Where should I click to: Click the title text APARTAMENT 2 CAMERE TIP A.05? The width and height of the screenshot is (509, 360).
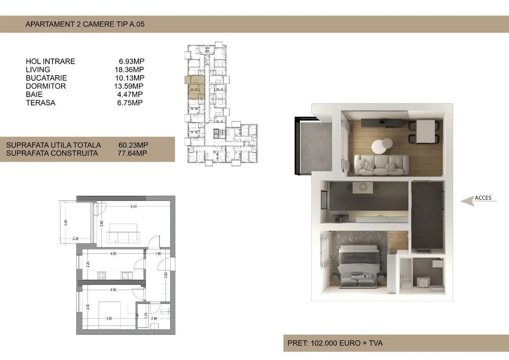[85, 24]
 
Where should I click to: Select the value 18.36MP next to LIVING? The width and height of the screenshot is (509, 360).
[131, 70]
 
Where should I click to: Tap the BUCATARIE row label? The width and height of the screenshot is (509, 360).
[46, 78]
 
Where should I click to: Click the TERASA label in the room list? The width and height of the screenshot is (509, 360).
[40, 103]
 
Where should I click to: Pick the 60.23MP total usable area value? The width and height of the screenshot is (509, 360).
[133, 145]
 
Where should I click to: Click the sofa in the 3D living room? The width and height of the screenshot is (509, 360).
[381, 165]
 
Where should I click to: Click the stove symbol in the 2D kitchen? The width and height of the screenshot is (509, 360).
[102, 275]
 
